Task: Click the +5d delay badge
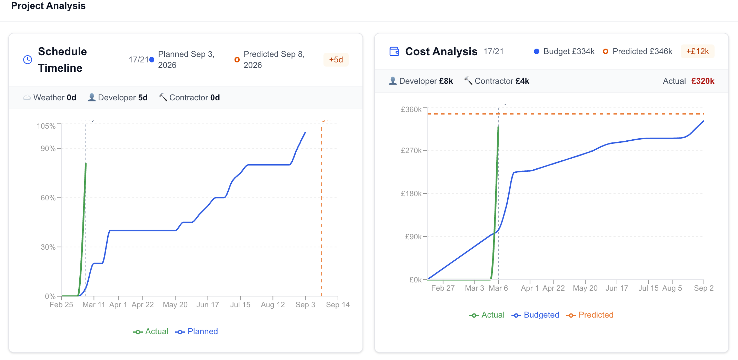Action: pos(336,60)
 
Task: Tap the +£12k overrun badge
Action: pos(697,51)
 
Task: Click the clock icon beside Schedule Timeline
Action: pos(28,60)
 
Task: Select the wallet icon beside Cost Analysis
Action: pos(394,51)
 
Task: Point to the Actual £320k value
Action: pos(702,81)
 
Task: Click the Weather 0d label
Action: pos(50,98)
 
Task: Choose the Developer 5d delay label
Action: pos(118,98)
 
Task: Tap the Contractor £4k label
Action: pos(497,81)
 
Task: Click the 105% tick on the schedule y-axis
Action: pos(46,126)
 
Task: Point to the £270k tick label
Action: pos(411,150)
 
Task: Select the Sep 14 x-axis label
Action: pos(338,304)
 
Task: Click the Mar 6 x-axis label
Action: pos(498,288)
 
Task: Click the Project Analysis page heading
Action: pos(48,6)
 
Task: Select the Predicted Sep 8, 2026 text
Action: pos(274,60)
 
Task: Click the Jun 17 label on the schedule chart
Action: pos(208,304)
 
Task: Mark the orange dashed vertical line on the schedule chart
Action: pos(322,207)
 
